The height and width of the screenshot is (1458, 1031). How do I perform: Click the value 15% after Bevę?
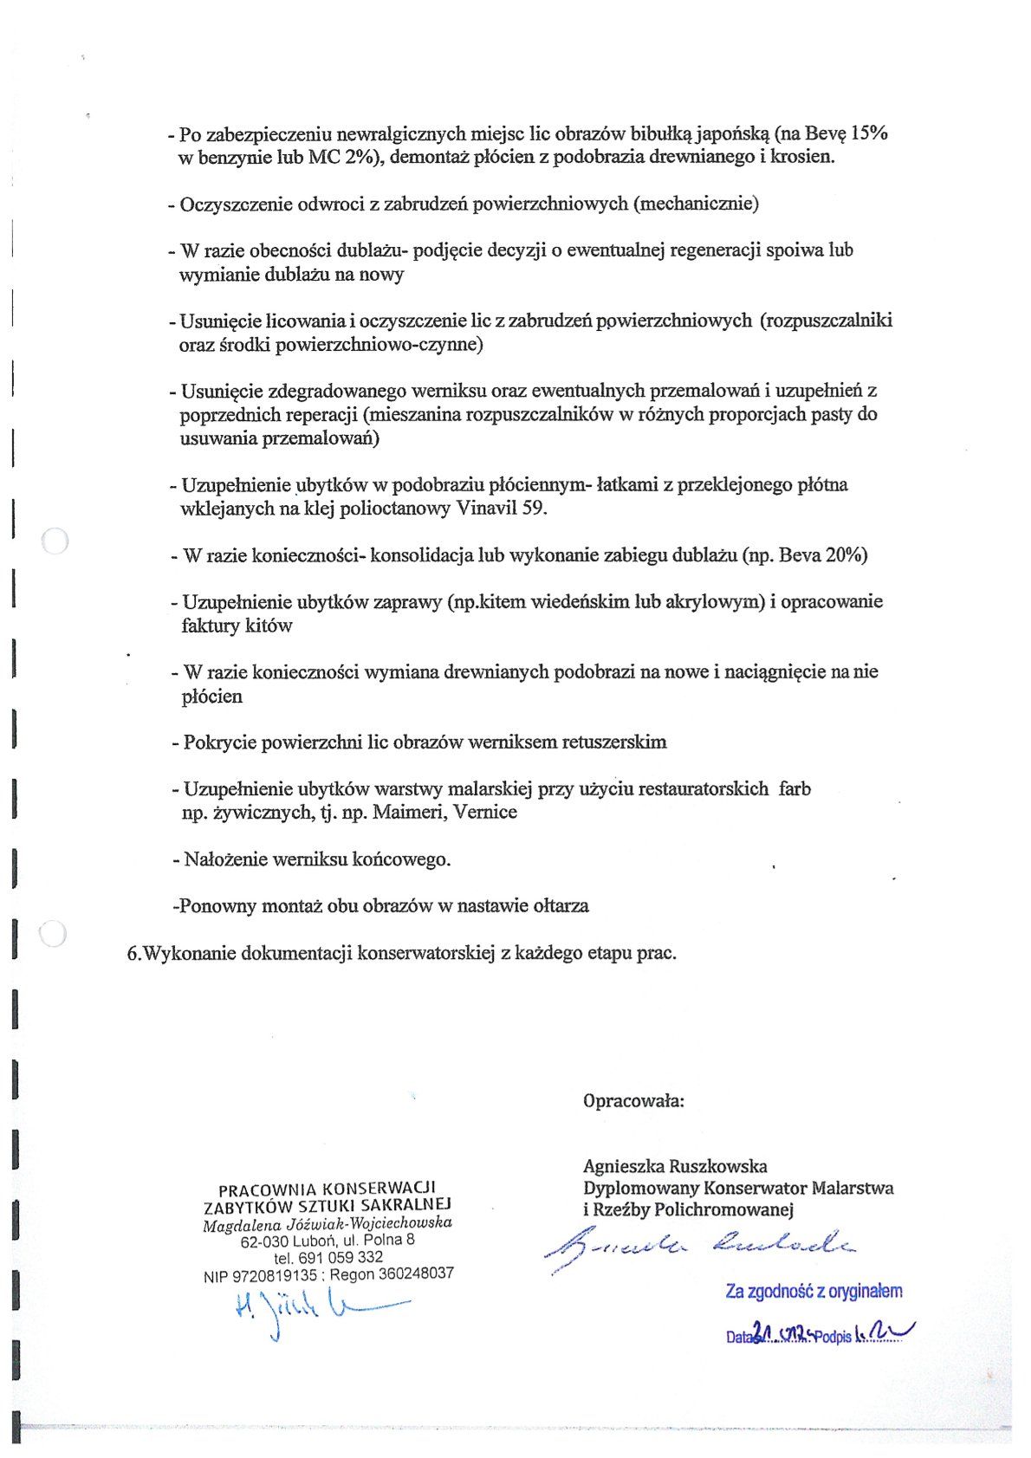pyautogui.click(x=869, y=133)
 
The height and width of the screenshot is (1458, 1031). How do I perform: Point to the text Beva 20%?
pyautogui.click(x=823, y=555)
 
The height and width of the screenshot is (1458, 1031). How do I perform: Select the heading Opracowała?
pyautogui.click(x=633, y=1101)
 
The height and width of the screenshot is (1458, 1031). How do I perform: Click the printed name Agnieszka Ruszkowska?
pyautogui.click(x=675, y=1166)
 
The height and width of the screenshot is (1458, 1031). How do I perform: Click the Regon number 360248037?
pyautogui.click(x=415, y=1274)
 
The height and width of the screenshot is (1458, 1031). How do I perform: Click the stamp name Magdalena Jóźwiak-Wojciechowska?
pyautogui.click(x=327, y=1222)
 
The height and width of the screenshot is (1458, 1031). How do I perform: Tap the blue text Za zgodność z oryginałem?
pyautogui.click(x=814, y=1292)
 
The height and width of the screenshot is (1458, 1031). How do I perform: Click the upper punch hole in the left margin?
pyautogui.click(x=55, y=541)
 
